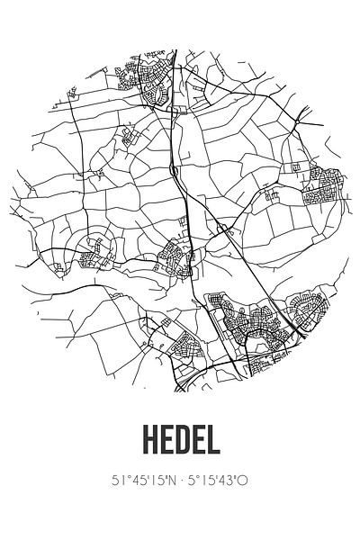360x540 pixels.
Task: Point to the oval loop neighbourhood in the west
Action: click(94, 253)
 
